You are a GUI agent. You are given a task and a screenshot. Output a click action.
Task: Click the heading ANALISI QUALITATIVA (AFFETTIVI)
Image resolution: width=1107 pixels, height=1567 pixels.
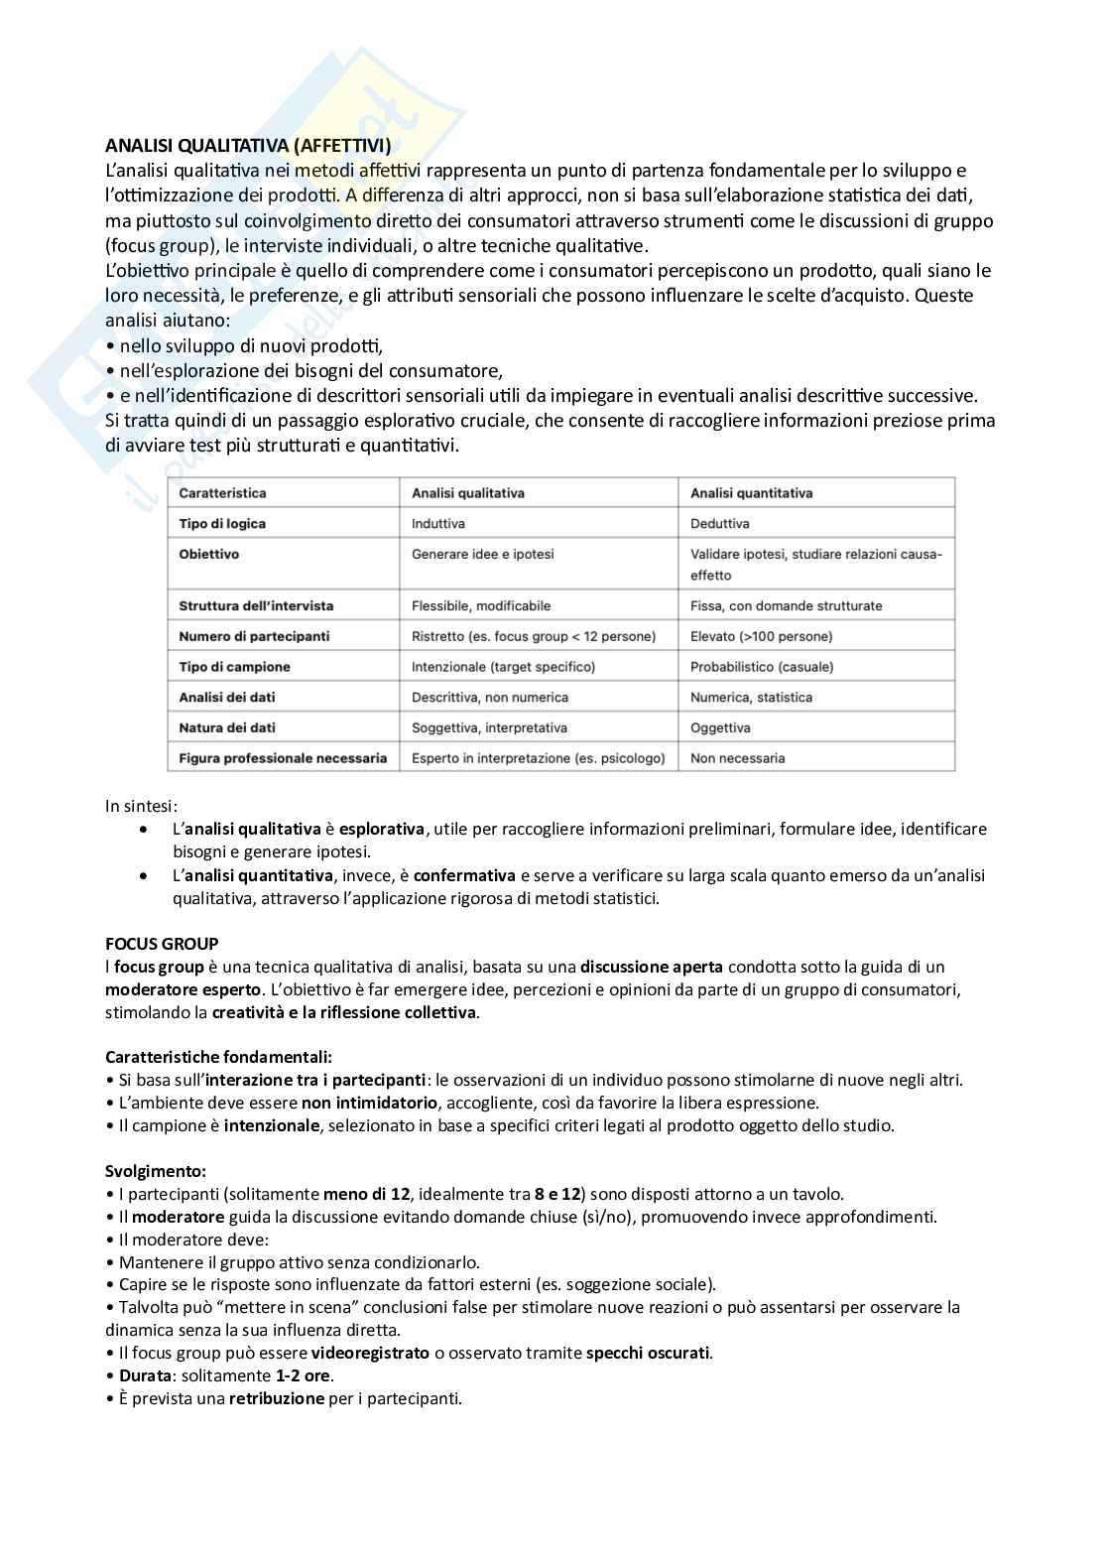pos(248,146)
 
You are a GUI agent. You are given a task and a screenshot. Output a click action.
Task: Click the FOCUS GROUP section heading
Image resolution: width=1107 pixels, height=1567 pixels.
pos(162,943)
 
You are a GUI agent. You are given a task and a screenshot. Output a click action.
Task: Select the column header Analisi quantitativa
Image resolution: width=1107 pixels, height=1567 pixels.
pos(751,493)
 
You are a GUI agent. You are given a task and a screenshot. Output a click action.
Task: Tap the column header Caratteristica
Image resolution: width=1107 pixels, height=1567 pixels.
pos(222,493)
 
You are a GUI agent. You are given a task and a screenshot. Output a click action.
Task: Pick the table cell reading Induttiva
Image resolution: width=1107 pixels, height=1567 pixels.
pos(438,523)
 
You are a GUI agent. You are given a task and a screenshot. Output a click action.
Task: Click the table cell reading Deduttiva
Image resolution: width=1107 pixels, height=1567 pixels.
pos(720,523)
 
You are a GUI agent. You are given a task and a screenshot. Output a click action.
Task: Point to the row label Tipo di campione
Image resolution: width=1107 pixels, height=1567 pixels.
pos(234,667)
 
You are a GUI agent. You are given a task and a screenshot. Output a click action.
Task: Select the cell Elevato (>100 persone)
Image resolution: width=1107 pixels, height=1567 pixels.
pos(761,636)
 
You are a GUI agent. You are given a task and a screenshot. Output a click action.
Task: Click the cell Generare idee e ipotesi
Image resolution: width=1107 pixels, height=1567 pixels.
pos(483,554)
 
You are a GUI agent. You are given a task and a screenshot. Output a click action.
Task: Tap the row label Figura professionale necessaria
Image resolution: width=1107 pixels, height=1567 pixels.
pos(283,758)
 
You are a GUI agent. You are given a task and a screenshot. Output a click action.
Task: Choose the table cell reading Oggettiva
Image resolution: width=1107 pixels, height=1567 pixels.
pos(720,727)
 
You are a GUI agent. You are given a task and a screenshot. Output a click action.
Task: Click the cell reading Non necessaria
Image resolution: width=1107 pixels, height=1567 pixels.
pos(737,758)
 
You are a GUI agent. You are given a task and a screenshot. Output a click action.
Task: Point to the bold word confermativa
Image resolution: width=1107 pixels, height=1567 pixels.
pos(464,875)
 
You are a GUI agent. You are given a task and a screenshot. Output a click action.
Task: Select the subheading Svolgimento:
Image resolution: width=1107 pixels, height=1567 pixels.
pos(156,1171)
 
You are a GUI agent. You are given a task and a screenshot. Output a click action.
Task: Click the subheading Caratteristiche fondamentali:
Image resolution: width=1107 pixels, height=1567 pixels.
pos(218,1057)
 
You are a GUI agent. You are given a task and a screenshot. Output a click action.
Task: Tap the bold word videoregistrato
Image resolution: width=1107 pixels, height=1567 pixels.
pos(370,1353)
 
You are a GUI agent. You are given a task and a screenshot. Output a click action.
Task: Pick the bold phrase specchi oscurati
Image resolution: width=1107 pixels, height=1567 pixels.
pos(648,1353)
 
